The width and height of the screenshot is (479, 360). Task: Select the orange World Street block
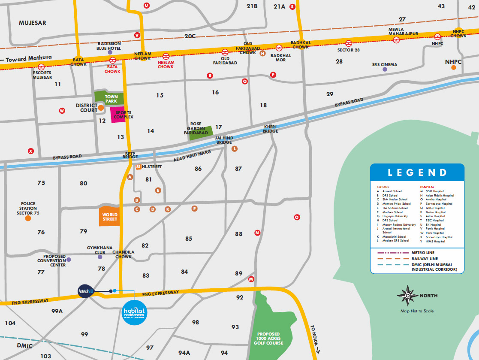pyautogui.click(x=109, y=217)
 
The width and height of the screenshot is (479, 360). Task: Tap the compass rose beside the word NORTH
pyautogui.click(x=408, y=296)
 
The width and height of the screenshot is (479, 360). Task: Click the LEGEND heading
pyautogui.click(x=417, y=172)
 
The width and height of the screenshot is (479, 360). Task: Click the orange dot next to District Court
pyautogui.click(x=101, y=108)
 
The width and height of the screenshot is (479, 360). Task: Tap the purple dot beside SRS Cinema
pyautogui.click(x=385, y=69)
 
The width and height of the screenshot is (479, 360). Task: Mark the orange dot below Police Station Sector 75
pyautogui.click(x=28, y=218)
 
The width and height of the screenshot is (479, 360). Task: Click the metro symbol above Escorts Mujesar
pyautogui.click(x=42, y=67)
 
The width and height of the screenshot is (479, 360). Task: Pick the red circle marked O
pyautogui.click(x=297, y=217)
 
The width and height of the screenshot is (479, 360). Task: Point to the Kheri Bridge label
pyautogui.click(x=271, y=129)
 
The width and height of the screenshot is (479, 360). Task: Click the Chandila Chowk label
pyautogui.click(x=124, y=254)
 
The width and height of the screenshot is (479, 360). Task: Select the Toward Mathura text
pyautogui.click(x=29, y=57)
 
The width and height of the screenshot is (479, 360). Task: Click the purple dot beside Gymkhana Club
pyautogui.click(x=100, y=257)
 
